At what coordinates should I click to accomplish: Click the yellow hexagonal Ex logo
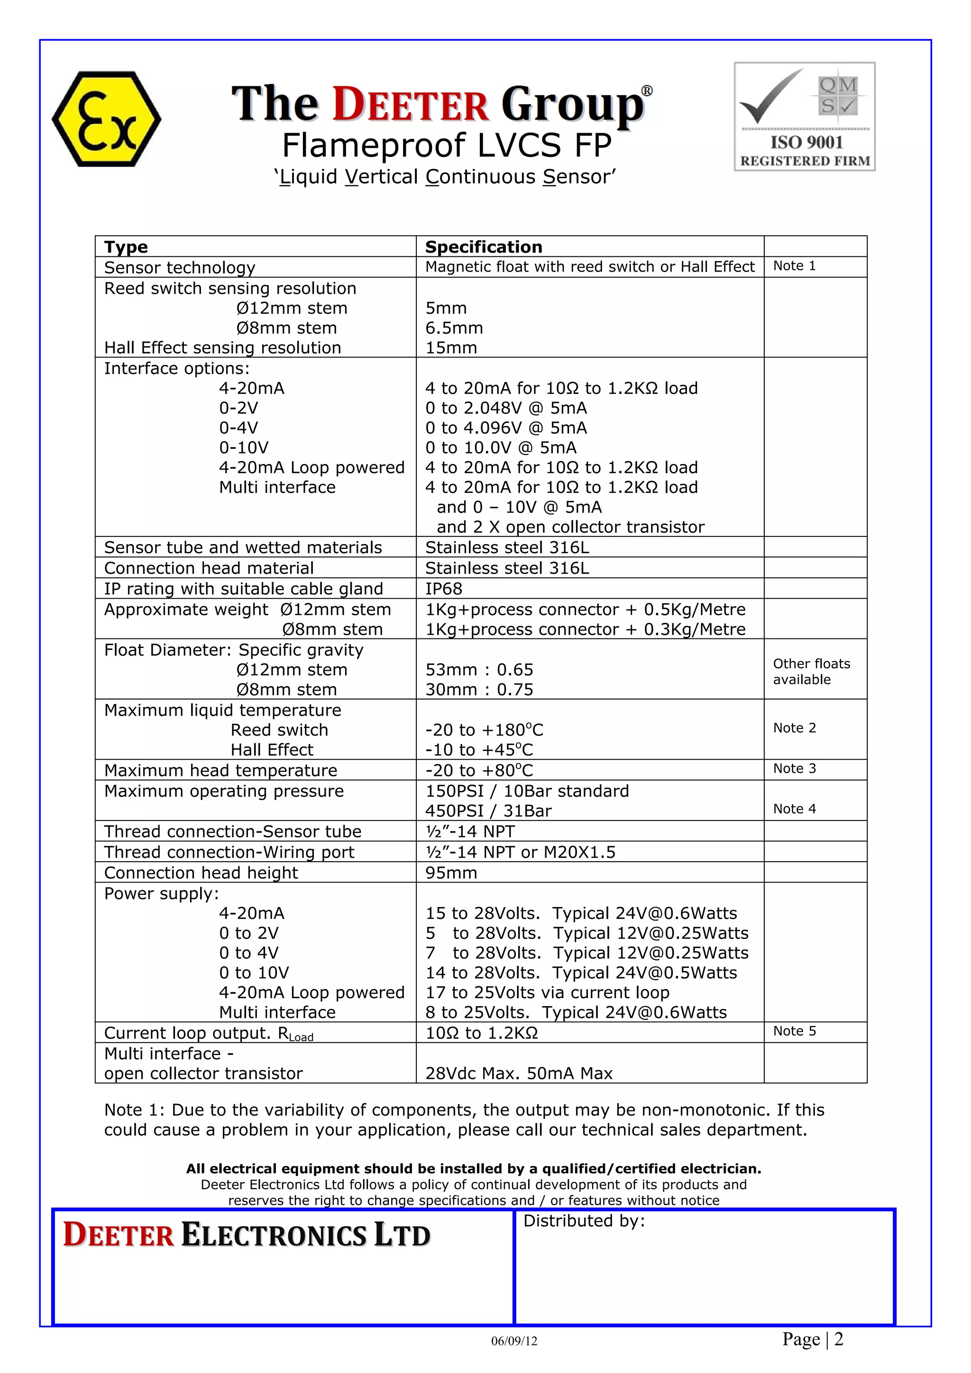(x=107, y=119)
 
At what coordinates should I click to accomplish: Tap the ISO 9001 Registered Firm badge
(x=804, y=117)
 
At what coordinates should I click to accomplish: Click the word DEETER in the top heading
(x=411, y=105)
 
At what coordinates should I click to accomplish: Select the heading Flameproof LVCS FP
(x=447, y=145)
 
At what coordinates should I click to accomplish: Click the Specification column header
(x=484, y=247)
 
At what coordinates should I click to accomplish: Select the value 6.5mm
(x=454, y=327)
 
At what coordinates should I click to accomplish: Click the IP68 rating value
(x=444, y=589)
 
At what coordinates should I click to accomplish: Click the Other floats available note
(x=811, y=672)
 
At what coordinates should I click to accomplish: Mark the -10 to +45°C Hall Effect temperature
(x=478, y=750)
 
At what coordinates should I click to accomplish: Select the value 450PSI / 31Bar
(x=488, y=811)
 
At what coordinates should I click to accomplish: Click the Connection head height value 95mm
(x=451, y=873)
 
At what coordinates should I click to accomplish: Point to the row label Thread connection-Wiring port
(x=229, y=853)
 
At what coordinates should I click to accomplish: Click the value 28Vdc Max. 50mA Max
(x=519, y=1073)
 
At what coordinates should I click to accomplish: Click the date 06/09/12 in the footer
(x=514, y=1341)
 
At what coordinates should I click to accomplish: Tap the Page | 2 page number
(x=813, y=1339)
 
